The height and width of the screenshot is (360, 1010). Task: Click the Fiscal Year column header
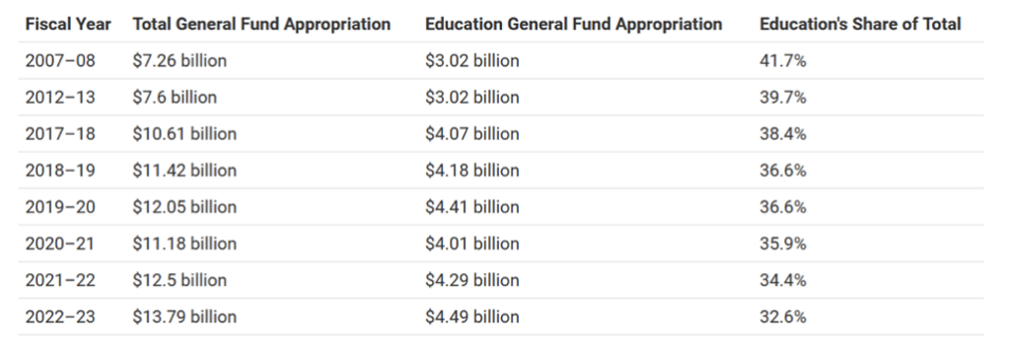click(68, 25)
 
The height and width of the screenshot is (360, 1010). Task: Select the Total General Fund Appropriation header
click(261, 25)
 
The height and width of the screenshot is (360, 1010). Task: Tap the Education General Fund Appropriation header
click(573, 25)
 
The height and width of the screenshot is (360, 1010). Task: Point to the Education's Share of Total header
click(860, 25)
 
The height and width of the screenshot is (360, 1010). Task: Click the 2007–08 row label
click(60, 60)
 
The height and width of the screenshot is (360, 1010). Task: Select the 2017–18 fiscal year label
click(60, 134)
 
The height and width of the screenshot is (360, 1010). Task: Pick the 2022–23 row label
click(60, 317)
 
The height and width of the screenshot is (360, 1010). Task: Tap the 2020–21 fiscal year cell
click(60, 244)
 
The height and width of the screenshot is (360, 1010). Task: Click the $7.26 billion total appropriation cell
click(180, 60)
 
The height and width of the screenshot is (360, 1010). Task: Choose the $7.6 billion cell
click(175, 98)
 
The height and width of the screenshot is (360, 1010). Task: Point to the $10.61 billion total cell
click(184, 134)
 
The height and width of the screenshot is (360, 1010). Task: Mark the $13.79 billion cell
click(184, 317)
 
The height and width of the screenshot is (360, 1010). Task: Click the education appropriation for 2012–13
click(472, 98)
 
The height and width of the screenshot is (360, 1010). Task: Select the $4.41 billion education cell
click(472, 207)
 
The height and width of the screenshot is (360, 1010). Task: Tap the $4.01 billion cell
click(472, 244)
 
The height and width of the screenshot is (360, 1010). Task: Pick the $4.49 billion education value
click(472, 317)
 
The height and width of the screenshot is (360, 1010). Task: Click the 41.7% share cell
click(782, 60)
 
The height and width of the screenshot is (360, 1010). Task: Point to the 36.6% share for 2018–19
click(782, 171)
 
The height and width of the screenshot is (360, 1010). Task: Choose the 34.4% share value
click(782, 280)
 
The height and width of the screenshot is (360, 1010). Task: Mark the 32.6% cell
click(782, 317)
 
